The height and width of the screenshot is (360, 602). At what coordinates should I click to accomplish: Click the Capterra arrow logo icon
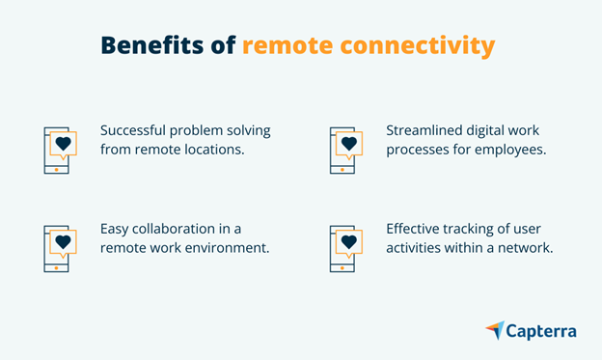(495, 331)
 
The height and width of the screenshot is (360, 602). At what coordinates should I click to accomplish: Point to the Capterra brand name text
(543, 332)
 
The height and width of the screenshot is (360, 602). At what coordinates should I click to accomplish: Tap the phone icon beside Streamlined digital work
(345, 150)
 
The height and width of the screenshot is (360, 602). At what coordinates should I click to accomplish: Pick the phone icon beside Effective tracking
(345, 249)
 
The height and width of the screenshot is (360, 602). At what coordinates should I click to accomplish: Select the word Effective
(418, 230)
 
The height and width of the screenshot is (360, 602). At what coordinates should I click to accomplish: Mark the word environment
(232, 250)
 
